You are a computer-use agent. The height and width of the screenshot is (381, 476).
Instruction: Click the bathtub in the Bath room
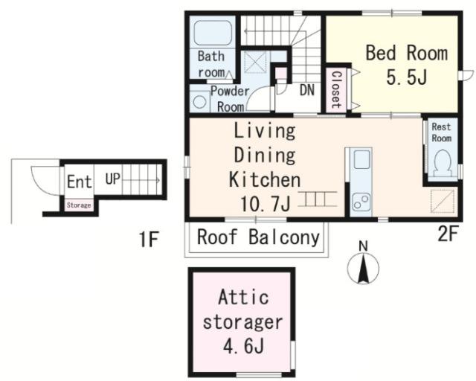click(x=213, y=33)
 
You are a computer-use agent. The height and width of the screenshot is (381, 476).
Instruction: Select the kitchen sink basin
click(x=362, y=159)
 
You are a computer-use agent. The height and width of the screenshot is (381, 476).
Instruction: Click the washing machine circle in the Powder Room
click(x=199, y=101)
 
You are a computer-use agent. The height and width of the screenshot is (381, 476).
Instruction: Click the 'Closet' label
click(x=336, y=89)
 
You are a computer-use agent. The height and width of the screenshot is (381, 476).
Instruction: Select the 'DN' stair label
click(x=307, y=90)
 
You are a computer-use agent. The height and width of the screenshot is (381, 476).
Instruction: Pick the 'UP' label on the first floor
click(x=112, y=179)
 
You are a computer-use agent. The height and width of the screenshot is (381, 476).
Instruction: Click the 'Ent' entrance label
click(x=80, y=182)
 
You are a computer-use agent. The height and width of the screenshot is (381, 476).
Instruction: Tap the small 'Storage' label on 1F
click(x=79, y=205)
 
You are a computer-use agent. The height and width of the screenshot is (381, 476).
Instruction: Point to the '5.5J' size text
click(x=407, y=77)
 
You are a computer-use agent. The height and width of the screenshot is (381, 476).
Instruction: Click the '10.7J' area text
click(x=266, y=203)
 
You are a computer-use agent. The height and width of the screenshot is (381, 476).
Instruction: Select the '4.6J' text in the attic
click(x=243, y=347)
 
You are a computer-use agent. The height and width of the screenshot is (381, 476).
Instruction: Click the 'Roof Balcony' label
click(x=258, y=237)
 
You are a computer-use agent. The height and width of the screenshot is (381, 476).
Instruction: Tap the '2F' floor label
click(x=448, y=234)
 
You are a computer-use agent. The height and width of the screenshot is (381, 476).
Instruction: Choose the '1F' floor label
click(x=149, y=240)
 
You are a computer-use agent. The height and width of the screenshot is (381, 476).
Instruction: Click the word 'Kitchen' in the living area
click(x=265, y=179)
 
